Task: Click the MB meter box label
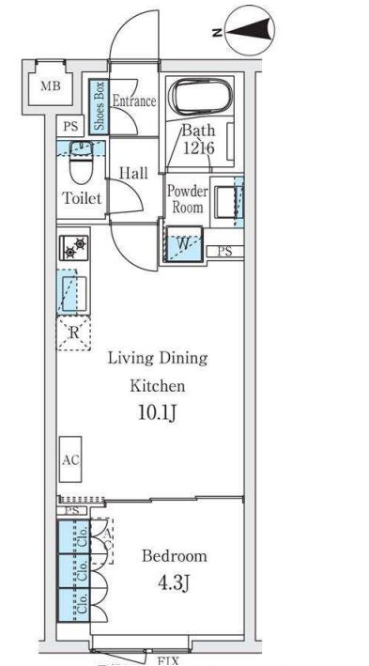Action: [51, 86]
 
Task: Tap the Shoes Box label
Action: [99, 106]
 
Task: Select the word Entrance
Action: [133, 101]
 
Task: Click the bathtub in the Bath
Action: [200, 98]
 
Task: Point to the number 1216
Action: [198, 148]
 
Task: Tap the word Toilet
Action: [82, 197]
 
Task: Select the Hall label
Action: [133, 173]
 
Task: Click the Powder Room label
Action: [187, 199]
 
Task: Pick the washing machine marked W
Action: [183, 244]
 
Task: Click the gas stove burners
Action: [74, 248]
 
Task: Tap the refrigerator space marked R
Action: [74, 333]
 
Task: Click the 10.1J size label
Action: [157, 412]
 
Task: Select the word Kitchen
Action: [157, 386]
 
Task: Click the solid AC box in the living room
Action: [70, 459]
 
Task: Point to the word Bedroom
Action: [175, 555]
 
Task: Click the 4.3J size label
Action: [174, 583]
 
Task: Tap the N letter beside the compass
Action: [217, 32]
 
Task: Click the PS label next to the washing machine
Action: [225, 251]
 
